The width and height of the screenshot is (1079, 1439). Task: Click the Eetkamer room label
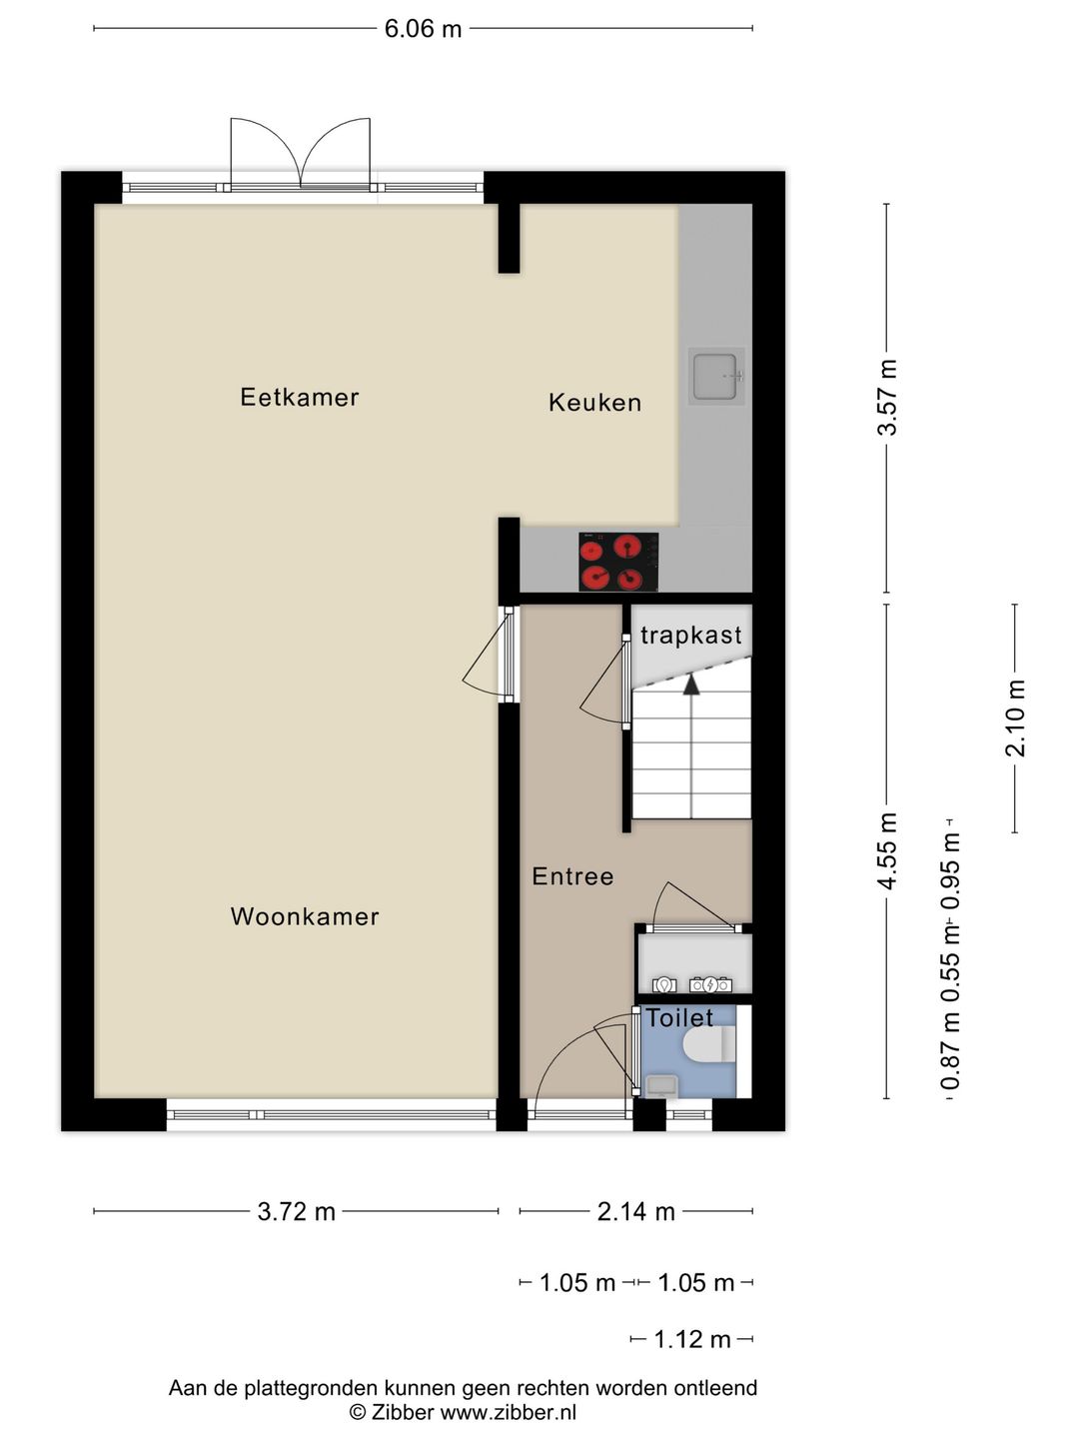pos(299,398)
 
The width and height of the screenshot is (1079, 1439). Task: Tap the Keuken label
pos(594,403)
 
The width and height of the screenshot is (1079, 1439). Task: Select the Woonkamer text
pos(305,916)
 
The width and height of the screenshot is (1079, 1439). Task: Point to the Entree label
pos(572,876)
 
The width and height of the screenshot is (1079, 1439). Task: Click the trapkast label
pos(690,636)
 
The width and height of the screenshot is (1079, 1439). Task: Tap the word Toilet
pos(679,1018)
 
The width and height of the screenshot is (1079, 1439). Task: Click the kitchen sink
pos(716,376)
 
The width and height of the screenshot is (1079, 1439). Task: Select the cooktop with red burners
pos(618,562)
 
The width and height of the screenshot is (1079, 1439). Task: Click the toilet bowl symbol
pos(711,1045)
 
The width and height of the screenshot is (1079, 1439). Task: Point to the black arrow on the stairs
pos(690,684)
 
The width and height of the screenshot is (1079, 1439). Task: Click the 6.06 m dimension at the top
pos(423,29)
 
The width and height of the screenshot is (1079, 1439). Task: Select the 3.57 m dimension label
pos(887,397)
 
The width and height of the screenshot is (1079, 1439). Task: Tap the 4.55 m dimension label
pos(887,849)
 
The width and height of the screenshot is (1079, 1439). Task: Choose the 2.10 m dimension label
pos(1015,718)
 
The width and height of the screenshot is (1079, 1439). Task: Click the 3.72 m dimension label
pos(297,1212)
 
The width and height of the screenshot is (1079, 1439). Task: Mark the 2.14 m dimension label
pos(635,1212)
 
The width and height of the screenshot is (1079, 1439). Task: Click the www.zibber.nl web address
pos(509,1412)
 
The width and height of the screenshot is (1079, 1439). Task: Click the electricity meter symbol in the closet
pos(710,984)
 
